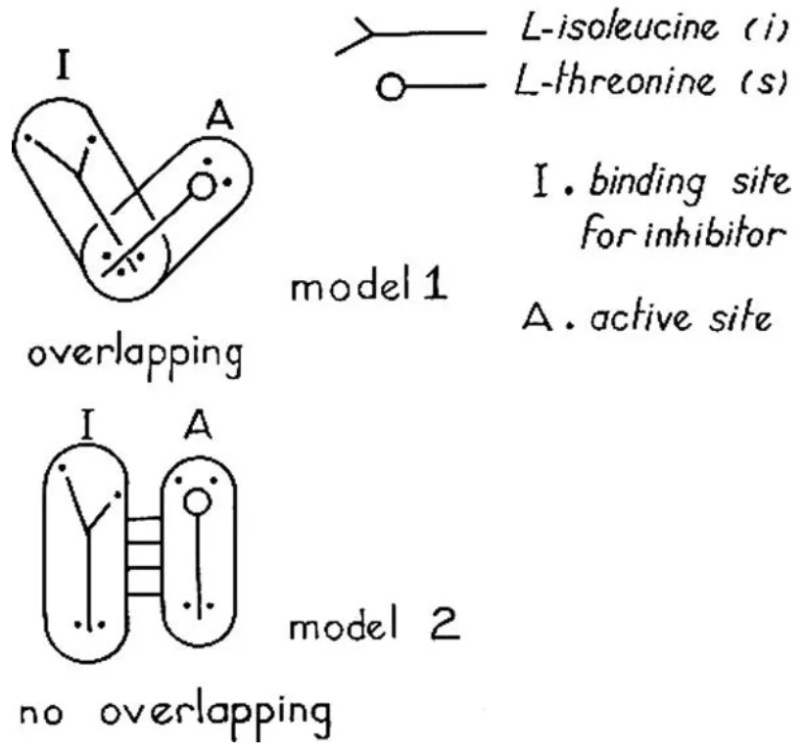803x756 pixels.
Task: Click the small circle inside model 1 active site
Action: (202, 185)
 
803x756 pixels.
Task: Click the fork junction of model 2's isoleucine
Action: (89, 530)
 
